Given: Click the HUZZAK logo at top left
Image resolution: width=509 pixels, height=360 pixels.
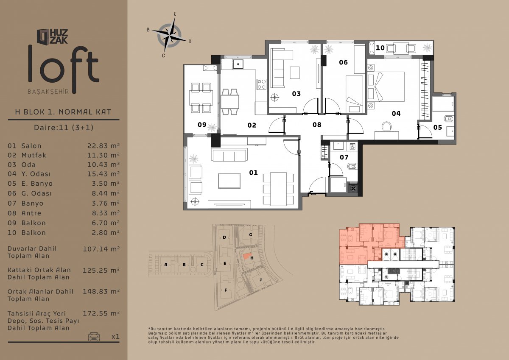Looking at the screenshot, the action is point(52,36).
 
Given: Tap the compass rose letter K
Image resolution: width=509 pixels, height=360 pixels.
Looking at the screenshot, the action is point(175,14).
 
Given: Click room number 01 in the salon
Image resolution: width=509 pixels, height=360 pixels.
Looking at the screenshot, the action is point(253,173).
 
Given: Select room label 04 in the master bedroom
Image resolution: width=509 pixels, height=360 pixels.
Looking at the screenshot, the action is point(396,114).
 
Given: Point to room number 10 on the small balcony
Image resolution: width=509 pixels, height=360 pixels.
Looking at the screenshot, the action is point(380,48).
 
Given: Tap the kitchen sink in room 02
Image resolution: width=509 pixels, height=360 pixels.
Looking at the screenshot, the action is point(238,64).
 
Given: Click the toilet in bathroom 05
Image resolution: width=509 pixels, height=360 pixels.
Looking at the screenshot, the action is point(449,119).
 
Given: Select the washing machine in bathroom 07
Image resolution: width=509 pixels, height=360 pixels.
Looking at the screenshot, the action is point(353,146).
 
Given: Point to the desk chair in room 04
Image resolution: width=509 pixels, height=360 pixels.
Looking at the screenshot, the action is point(386,126).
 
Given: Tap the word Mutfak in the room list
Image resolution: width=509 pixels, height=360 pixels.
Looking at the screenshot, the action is point(34,155).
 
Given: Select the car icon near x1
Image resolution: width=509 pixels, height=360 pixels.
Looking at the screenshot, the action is point(94,336).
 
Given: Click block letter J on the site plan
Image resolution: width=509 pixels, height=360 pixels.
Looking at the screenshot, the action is point(260,279).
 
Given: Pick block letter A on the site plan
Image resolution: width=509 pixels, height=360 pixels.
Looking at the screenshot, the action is point(166,264).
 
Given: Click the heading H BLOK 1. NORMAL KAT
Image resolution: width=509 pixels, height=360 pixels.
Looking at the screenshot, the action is point(63,112).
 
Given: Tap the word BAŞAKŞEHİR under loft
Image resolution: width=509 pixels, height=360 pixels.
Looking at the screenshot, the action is point(48,92).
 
